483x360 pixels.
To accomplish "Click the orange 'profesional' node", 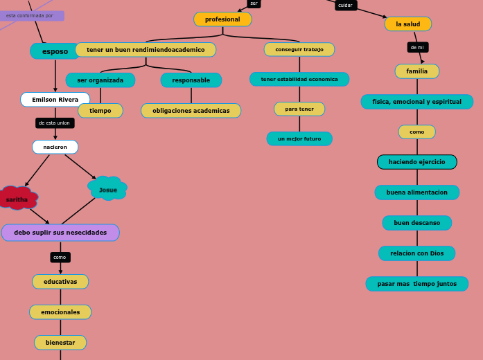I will point(222,19).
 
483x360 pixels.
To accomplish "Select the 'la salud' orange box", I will point(407,24).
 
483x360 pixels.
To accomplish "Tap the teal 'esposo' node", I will point(55,51).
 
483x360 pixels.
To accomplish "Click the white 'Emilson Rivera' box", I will point(55,100).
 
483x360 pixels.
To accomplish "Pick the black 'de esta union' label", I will point(55,123).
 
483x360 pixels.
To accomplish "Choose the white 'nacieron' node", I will point(55,147).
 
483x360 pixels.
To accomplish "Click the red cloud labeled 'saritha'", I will point(17,199).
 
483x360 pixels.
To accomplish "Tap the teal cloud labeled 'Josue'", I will point(107,189).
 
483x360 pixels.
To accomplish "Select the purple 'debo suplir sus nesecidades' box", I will point(60,233).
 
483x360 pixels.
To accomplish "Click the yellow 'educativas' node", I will point(60,282).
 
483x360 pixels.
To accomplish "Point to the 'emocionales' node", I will point(60,312).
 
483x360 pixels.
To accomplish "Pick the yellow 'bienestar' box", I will point(60,343).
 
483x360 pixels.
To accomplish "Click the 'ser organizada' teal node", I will point(100,80).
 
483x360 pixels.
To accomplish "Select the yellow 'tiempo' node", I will point(100,111).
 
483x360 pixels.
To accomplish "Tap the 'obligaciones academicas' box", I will point(191,111).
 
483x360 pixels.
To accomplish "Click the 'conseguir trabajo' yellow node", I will point(299,50).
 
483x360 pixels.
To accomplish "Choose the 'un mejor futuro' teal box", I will point(299,139).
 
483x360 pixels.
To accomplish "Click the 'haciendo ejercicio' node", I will point(417,162).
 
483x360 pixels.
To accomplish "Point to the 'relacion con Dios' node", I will point(417,253).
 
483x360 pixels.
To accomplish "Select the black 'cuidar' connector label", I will point(345,6).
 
